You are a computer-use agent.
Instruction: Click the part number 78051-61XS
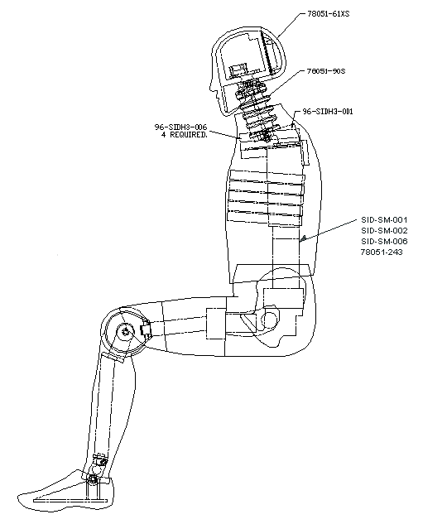coord(329,14)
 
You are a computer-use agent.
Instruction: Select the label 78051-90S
coord(325,72)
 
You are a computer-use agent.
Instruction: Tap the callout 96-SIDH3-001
coord(328,110)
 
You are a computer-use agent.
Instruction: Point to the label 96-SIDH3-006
coord(180,127)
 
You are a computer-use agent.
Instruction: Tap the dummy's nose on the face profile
coord(213,86)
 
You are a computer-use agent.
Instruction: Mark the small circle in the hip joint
coord(270,319)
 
